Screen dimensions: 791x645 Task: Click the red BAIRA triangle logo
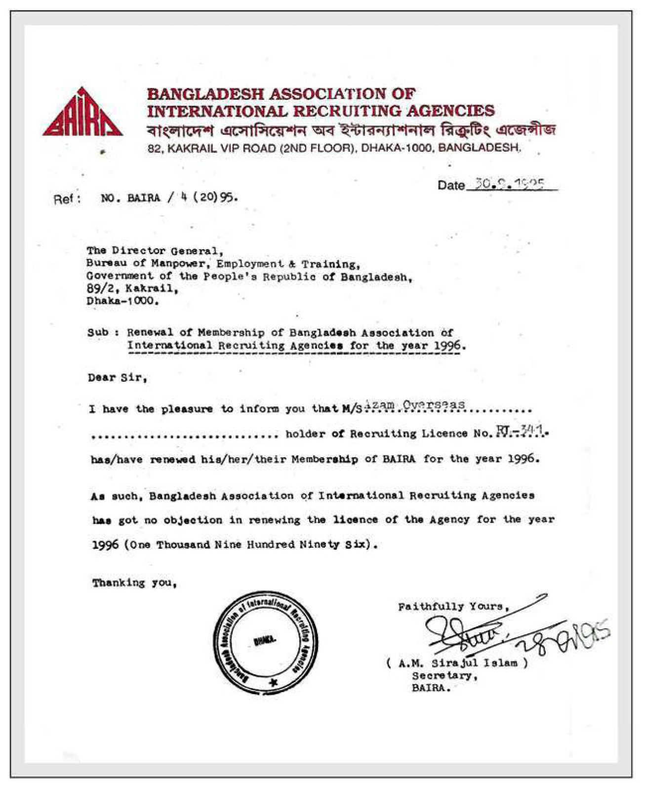82,114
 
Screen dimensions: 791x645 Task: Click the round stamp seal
265,642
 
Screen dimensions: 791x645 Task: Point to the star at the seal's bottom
273,682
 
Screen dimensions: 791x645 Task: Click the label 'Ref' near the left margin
66,199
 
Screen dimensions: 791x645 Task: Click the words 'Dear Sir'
118,378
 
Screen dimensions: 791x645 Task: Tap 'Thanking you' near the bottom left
134,583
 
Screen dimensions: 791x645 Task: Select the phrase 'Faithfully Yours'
453,606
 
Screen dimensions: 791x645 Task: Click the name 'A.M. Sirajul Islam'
457,663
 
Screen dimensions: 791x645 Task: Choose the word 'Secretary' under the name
444,675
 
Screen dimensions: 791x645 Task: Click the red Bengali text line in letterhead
351,131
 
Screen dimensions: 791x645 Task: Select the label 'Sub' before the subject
97,332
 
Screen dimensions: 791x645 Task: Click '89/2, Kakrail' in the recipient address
131,288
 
